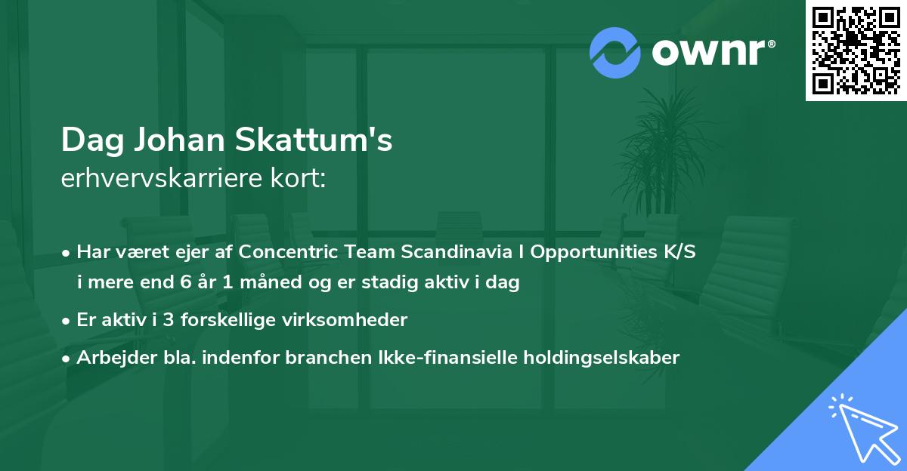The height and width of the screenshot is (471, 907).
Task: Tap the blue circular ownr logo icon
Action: click(x=614, y=52)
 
